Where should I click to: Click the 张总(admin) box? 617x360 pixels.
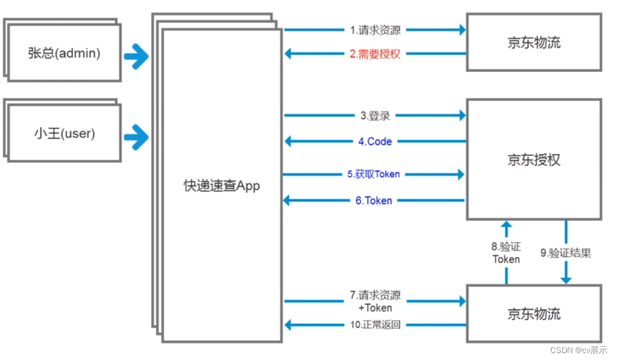(x=64, y=53)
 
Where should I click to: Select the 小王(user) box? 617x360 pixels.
(x=64, y=134)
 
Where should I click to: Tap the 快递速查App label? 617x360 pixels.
(x=221, y=185)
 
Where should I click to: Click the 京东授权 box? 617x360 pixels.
(x=533, y=160)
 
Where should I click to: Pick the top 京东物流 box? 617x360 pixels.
(x=533, y=42)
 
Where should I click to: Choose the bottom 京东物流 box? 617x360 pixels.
(x=533, y=314)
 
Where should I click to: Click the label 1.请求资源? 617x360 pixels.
(x=375, y=29)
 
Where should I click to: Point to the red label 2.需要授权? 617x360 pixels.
(x=375, y=54)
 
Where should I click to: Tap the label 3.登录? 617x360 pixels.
(x=375, y=115)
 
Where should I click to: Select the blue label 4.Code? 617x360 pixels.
(x=375, y=142)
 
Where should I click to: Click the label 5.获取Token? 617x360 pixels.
(x=374, y=174)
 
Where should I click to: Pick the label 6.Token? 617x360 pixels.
(x=374, y=200)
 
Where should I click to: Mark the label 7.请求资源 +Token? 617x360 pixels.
(x=375, y=301)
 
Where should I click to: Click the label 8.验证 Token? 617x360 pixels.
(x=506, y=253)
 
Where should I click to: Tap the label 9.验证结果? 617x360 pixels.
(x=566, y=253)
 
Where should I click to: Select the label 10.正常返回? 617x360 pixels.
(x=375, y=324)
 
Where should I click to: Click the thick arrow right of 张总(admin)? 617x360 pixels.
(x=137, y=57)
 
